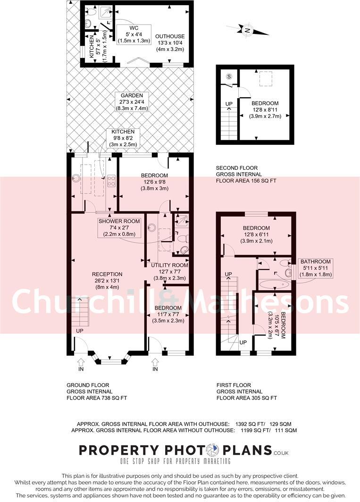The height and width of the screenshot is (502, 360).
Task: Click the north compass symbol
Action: (247, 31)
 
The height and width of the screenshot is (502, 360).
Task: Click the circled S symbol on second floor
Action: (229, 76)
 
